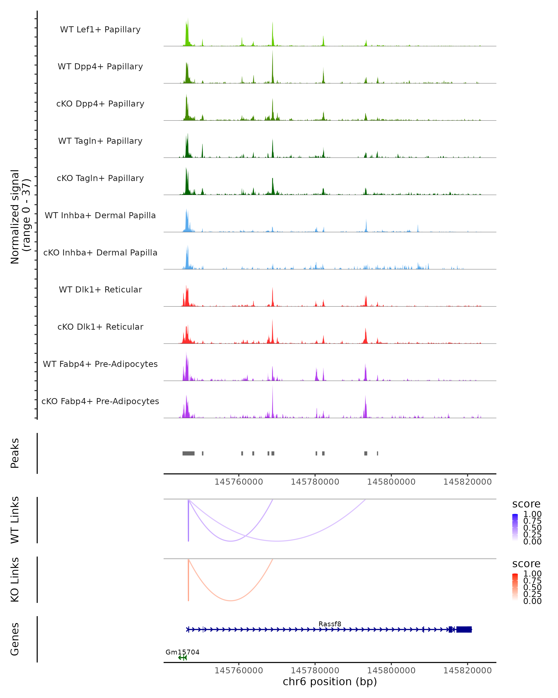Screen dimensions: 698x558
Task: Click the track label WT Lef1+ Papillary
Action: [x=100, y=30]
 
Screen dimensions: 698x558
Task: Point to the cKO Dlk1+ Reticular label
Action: [x=100, y=327]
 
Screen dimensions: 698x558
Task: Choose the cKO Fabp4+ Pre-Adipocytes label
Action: [x=100, y=401]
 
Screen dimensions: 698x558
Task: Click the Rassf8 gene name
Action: [x=330, y=624]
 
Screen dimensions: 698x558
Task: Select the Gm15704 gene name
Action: [x=183, y=652]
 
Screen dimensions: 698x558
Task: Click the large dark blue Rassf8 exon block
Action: [x=464, y=629]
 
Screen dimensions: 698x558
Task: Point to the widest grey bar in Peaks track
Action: [x=188, y=453]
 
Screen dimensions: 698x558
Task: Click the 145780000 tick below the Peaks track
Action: [x=315, y=482]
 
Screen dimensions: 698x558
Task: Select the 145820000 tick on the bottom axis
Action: [x=467, y=671]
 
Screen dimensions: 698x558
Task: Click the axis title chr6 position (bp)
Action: [x=330, y=682]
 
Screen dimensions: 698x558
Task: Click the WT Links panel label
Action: [x=15, y=520]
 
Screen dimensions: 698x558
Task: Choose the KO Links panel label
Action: [x=15, y=580]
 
